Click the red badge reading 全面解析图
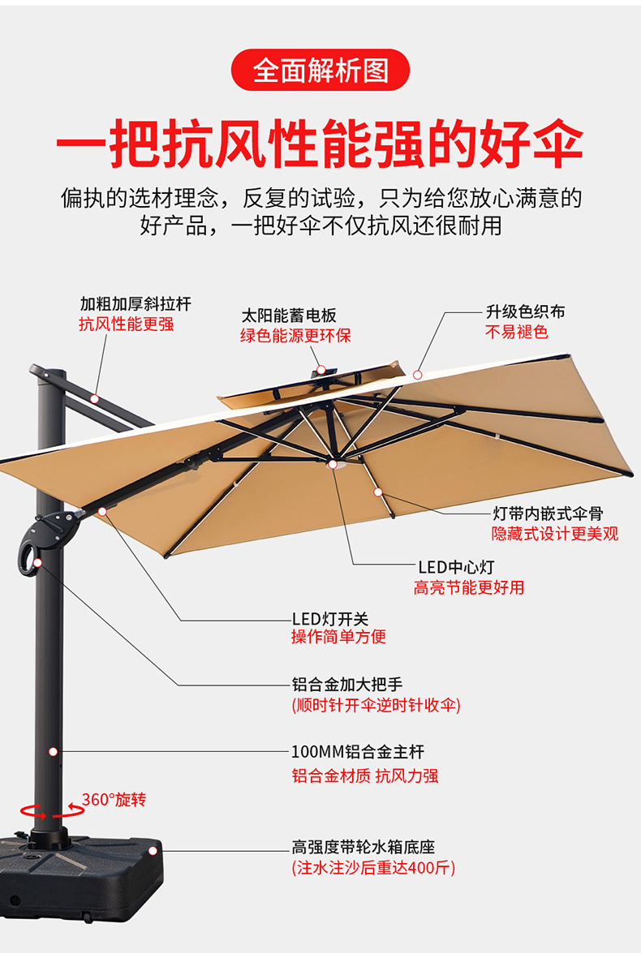coord(320,70)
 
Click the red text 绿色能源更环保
coord(295,335)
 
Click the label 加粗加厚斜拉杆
coord(136,304)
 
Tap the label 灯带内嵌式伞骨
coord(549,513)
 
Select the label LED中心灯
coord(456,566)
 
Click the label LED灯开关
coord(330,619)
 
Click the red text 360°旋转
coord(114,800)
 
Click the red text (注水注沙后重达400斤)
coord(373,868)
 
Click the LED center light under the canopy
coord(332,465)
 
